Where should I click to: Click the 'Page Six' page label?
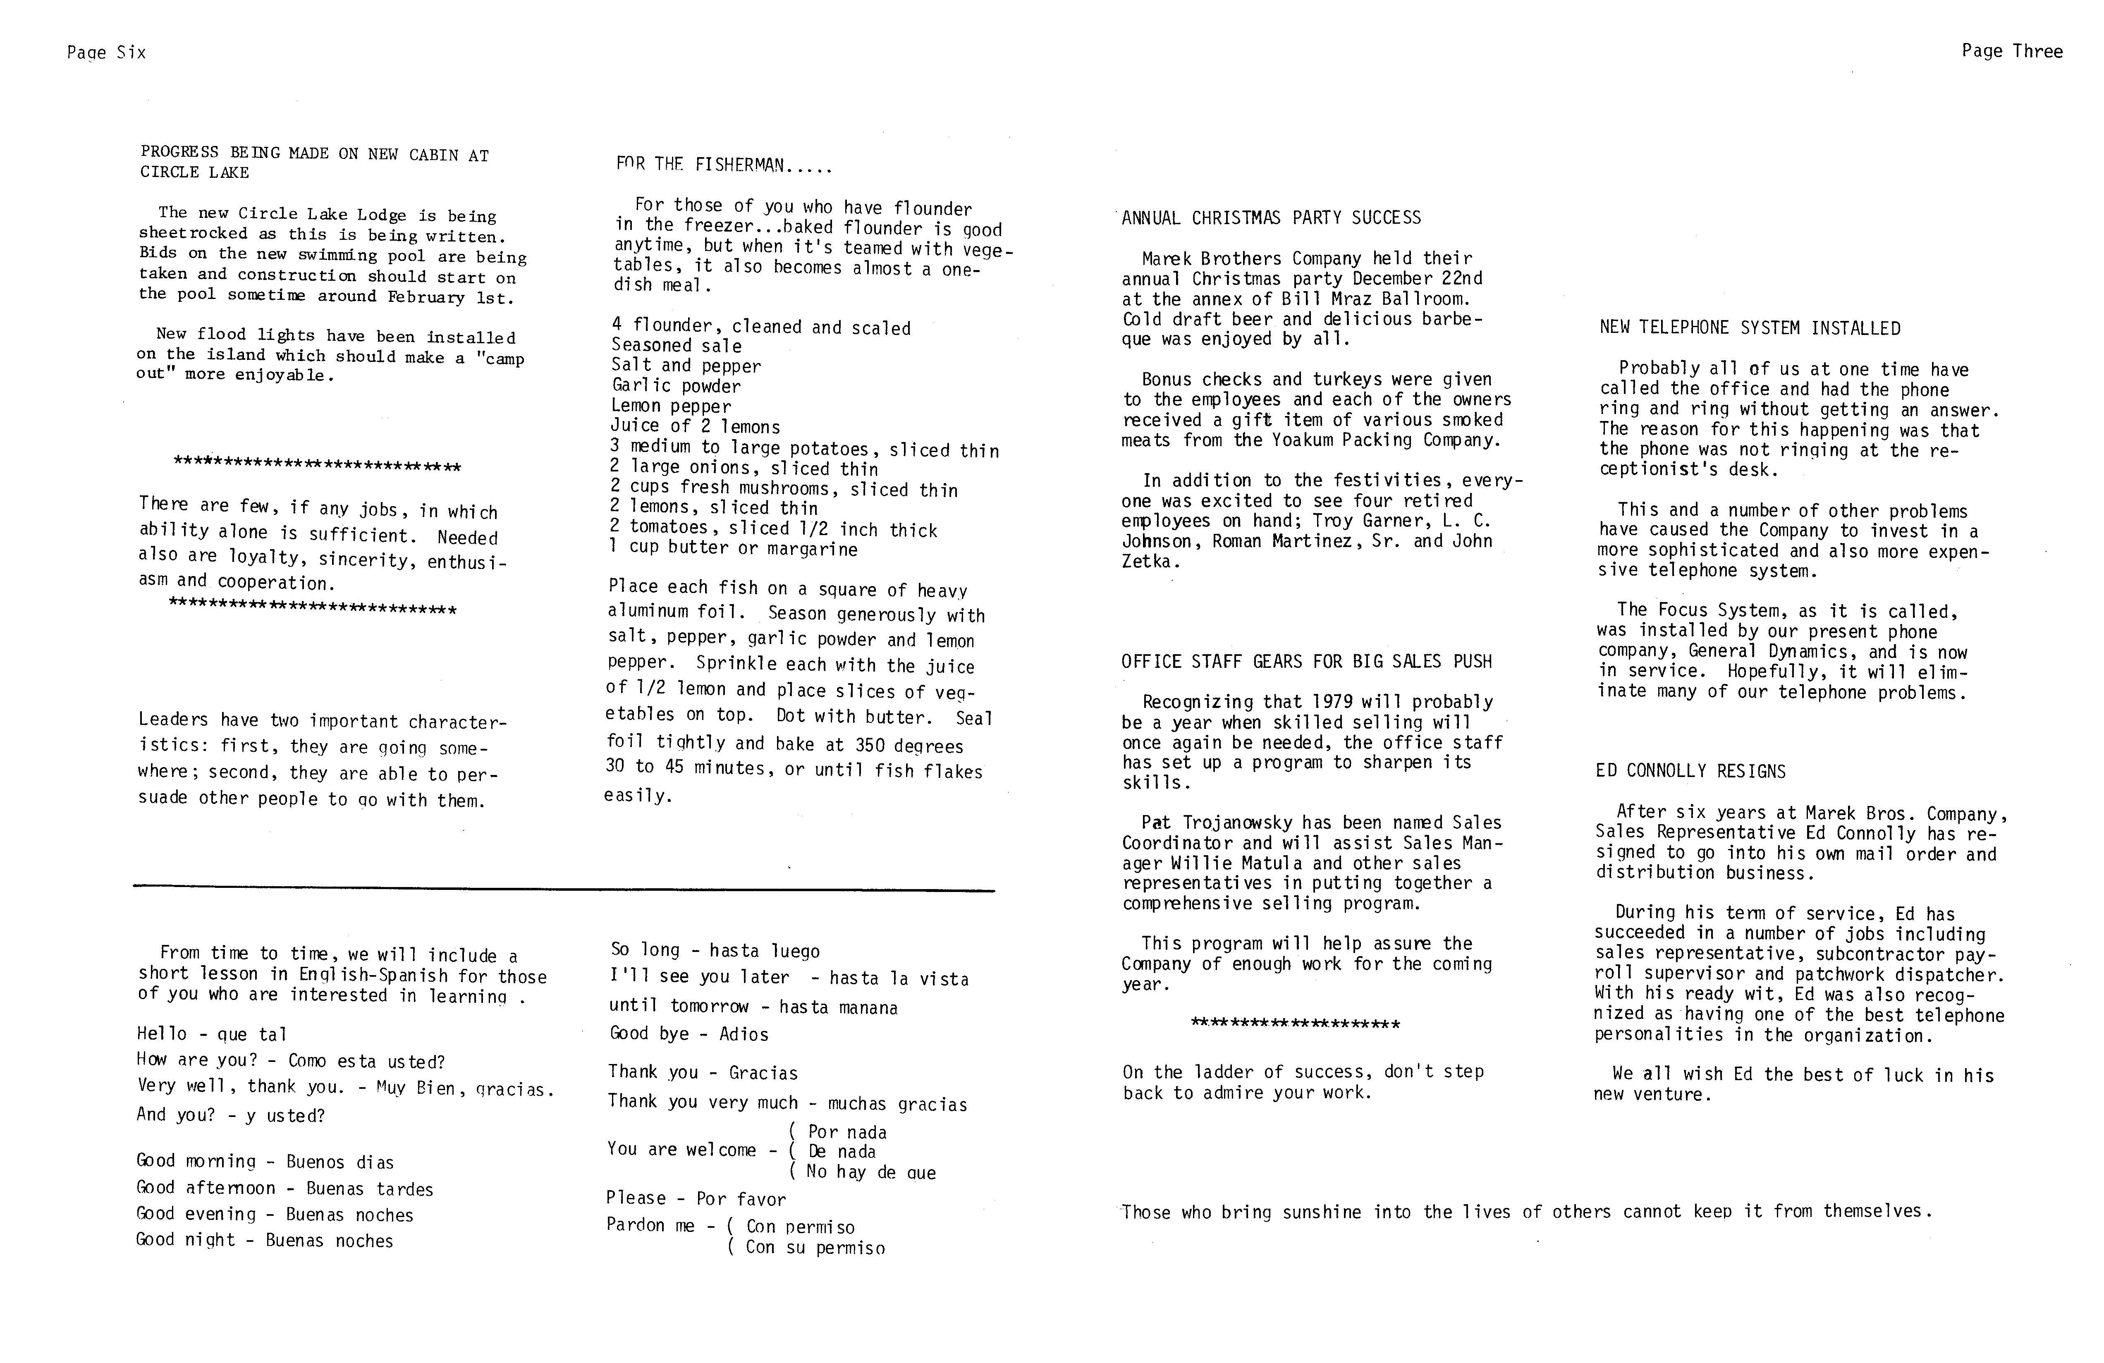tap(106, 53)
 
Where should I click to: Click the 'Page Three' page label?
tap(2011, 51)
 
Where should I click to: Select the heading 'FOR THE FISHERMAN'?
tap(723, 165)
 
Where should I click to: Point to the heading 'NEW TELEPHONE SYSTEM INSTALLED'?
tap(1750, 328)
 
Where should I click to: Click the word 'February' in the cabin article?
tap(426, 297)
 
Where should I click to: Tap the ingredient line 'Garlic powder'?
tap(676, 386)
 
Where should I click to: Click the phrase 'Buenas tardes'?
tap(370, 1189)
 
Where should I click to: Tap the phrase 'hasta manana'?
tap(838, 1008)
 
